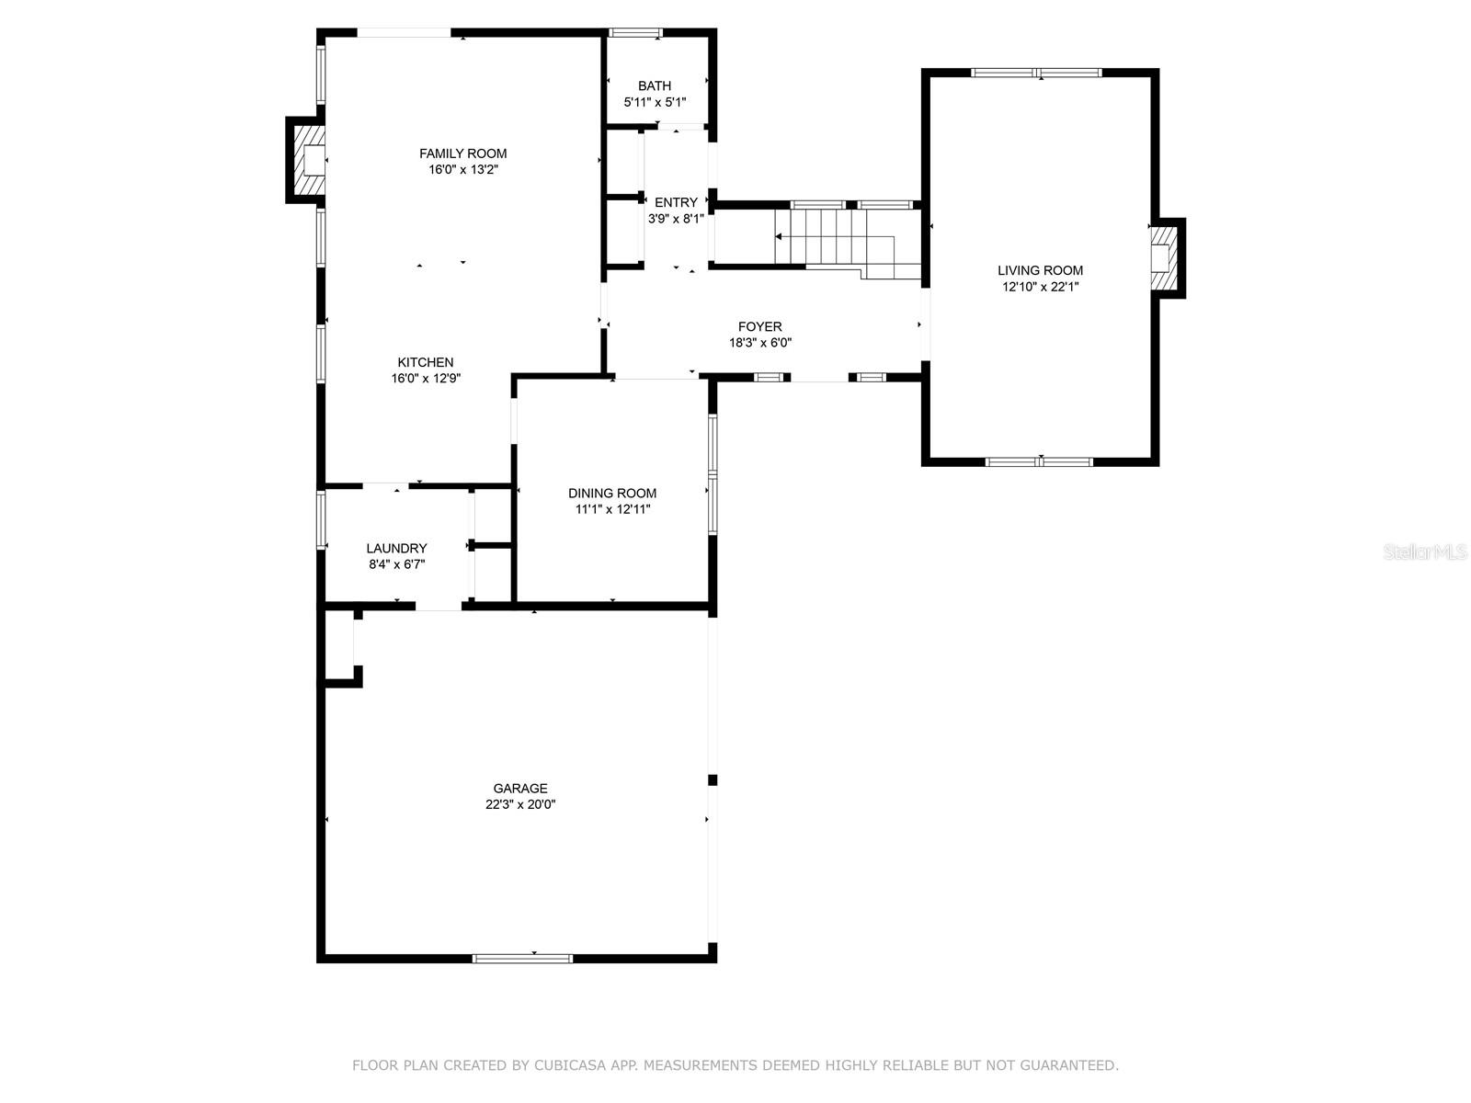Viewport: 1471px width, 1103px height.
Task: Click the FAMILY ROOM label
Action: (462, 154)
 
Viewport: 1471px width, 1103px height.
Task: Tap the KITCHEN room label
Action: (425, 362)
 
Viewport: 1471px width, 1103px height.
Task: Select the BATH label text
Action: (654, 85)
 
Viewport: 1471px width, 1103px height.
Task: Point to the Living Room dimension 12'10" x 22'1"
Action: (1040, 287)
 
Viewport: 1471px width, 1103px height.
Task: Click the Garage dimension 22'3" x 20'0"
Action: (520, 804)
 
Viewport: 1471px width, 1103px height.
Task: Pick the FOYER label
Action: (760, 327)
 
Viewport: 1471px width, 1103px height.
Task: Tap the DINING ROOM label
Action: (612, 493)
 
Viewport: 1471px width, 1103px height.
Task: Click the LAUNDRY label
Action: (396, 548)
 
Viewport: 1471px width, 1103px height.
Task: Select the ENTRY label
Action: (676, 202)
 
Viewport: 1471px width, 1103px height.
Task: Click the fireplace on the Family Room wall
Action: (307, 160)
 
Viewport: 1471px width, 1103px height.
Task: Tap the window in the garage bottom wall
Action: (523, 959)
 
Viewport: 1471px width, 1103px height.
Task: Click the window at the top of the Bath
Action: (635, 32)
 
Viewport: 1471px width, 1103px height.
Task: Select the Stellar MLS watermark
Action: (1425, 551)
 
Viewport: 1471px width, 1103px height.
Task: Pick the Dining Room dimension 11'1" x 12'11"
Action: (612, 509)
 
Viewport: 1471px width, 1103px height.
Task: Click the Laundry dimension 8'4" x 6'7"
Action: (397, 563)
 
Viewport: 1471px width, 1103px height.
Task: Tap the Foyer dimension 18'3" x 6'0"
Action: (760, 343)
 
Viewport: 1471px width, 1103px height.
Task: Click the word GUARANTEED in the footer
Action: (1066, 1064)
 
